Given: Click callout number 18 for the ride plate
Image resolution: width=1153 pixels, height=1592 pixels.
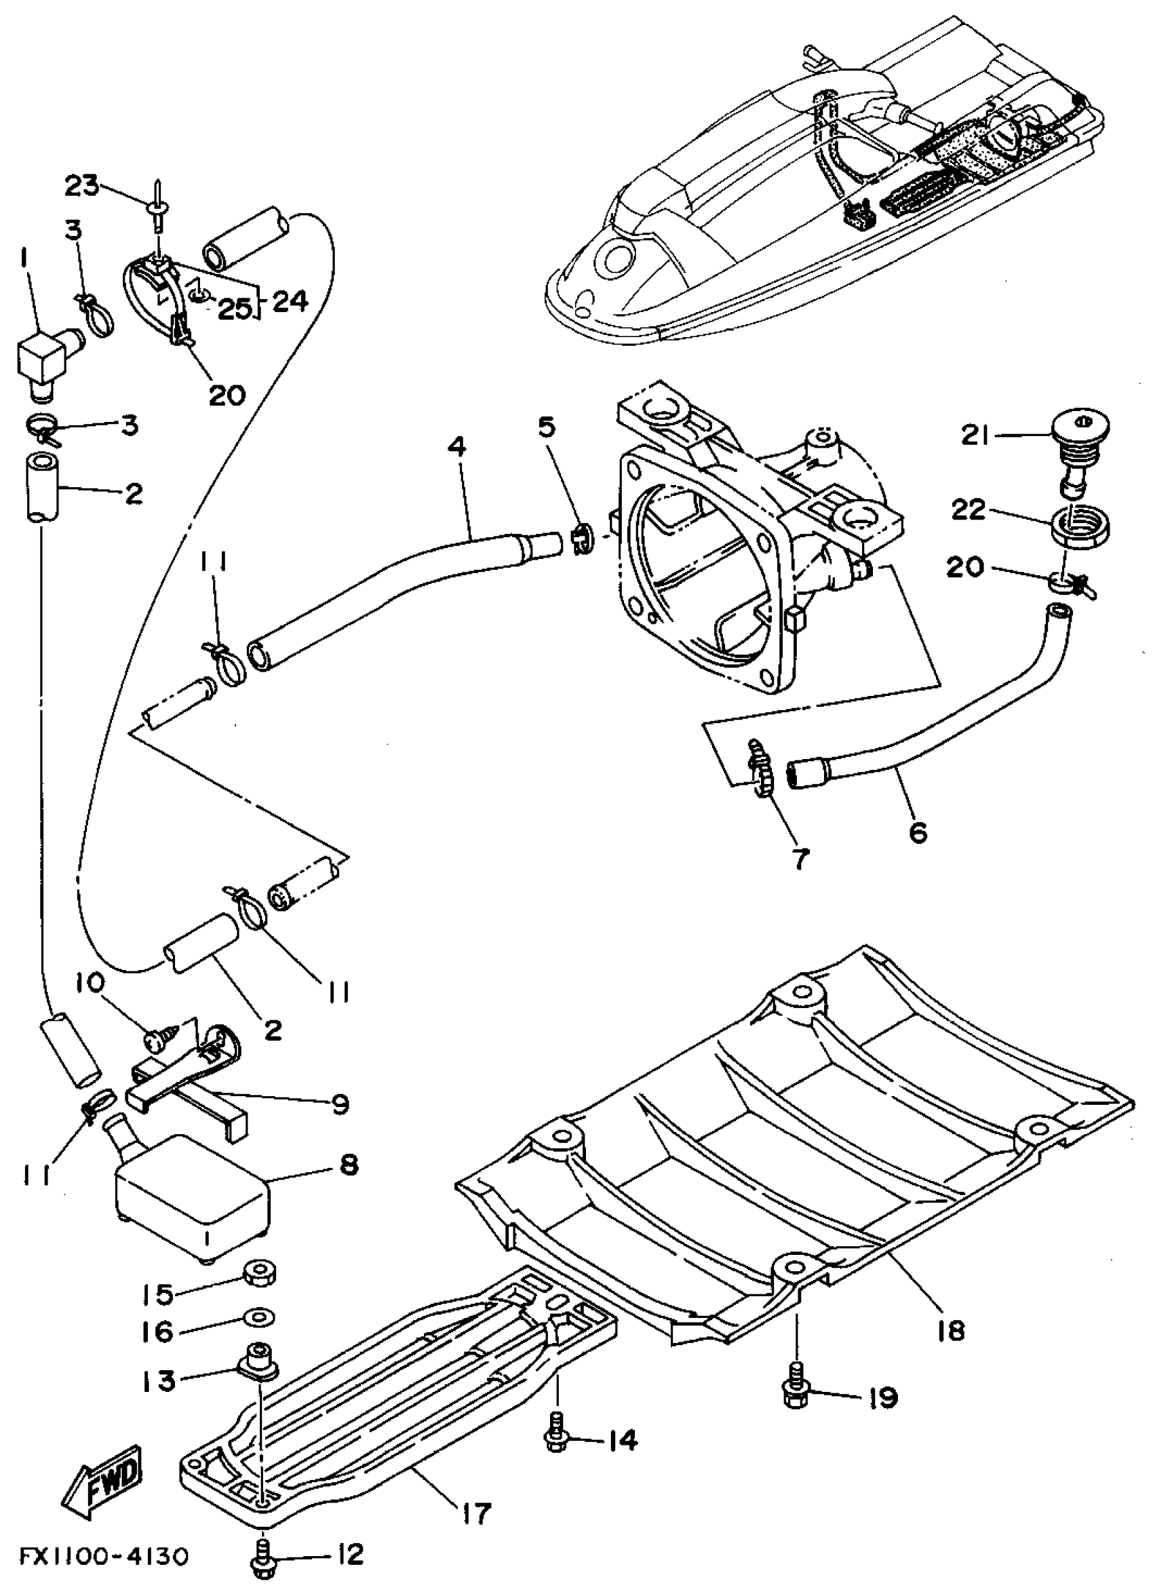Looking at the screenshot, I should point(950,1329).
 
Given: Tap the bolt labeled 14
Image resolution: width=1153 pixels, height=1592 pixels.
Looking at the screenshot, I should point(555,1436).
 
